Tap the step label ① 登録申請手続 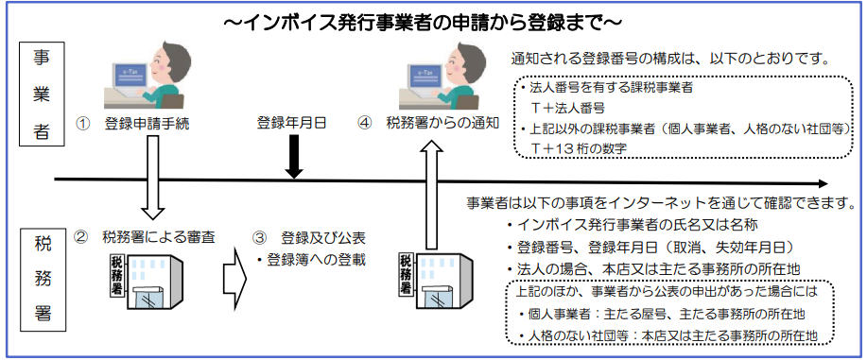(132, 124)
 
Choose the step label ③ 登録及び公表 (308, 238)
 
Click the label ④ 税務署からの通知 (428, 124)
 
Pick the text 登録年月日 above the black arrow (292, 123)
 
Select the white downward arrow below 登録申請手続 (152, 177)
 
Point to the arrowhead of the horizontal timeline (827, 183)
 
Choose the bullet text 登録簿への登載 (311, 259)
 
